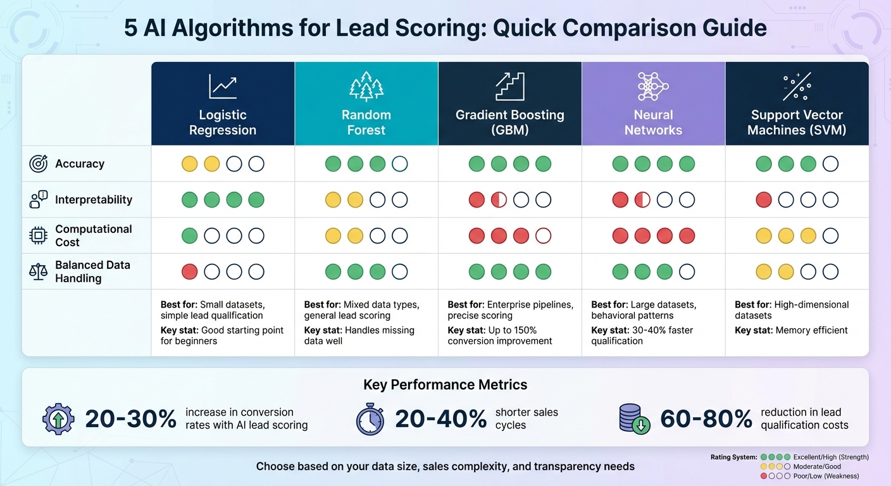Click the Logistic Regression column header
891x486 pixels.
click(223, 123)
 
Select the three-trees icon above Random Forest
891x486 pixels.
click(366, 87)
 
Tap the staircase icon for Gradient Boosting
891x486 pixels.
click(509, 87)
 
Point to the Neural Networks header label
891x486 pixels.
click(653, 123)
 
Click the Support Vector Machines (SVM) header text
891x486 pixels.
click(797, 123)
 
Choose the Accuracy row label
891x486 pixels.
click(80, 164)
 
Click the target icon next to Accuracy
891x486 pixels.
click(39, 164)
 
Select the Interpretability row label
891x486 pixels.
click(94, 200)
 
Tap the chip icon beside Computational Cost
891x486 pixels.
click(39, 236)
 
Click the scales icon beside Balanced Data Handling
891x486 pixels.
click(39, 272)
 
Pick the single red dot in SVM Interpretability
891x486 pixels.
click(764, 201)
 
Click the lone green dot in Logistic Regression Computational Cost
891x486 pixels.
click(190, 236)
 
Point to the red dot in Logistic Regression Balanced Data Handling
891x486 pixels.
click(190, 272)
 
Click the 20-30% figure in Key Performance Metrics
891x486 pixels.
click(130, 419)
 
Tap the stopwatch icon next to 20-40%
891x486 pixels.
click(370, 419)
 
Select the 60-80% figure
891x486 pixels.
click(706, 419)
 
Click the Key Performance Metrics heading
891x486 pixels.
click(445, 385)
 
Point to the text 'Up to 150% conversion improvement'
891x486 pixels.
click(500, 335)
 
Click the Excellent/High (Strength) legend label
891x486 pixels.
click(831, 457)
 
